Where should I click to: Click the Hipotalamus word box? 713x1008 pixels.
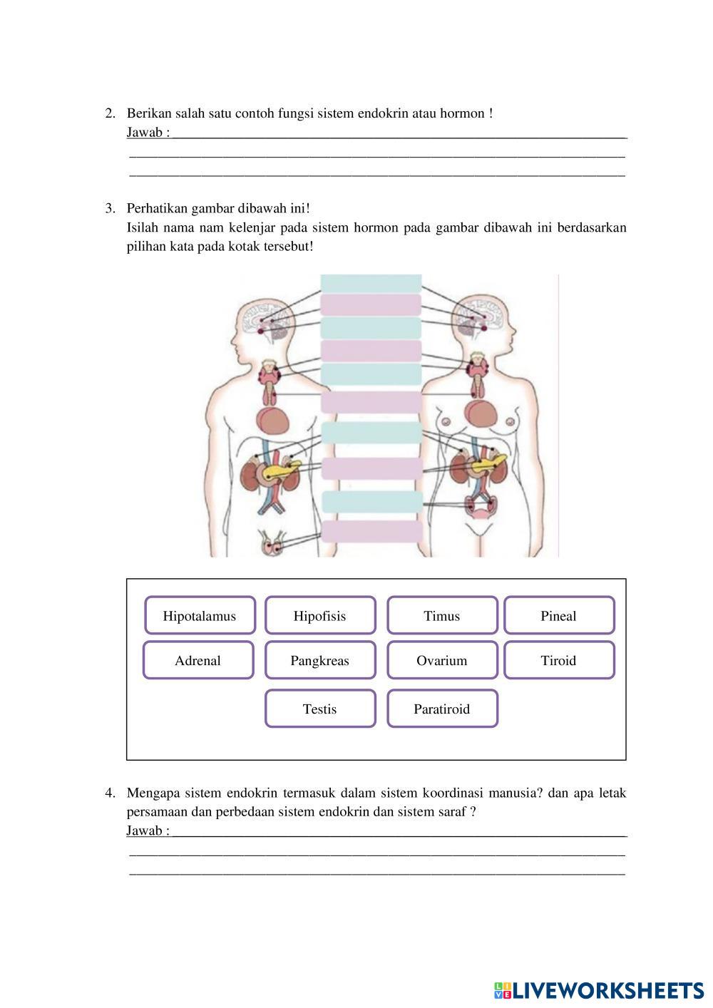[200, 616]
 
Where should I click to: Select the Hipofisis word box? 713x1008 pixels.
[320, 616]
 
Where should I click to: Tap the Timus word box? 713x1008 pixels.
[442, 616]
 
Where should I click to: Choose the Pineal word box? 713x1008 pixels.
[559, 616]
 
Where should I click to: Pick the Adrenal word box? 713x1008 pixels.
[198, 661]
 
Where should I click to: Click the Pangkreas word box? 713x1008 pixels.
[320, 661]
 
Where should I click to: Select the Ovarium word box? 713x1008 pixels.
[442, 661]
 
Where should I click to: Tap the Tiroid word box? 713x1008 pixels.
[559, 661]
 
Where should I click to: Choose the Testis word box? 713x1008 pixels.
[320, 709]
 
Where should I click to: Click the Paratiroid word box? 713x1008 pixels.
[442, 709]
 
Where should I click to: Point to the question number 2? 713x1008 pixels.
[110, 113]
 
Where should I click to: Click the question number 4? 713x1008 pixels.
[110, 793]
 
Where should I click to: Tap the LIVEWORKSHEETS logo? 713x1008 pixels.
[599, 989]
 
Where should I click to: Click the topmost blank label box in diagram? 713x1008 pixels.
[371, 283]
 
